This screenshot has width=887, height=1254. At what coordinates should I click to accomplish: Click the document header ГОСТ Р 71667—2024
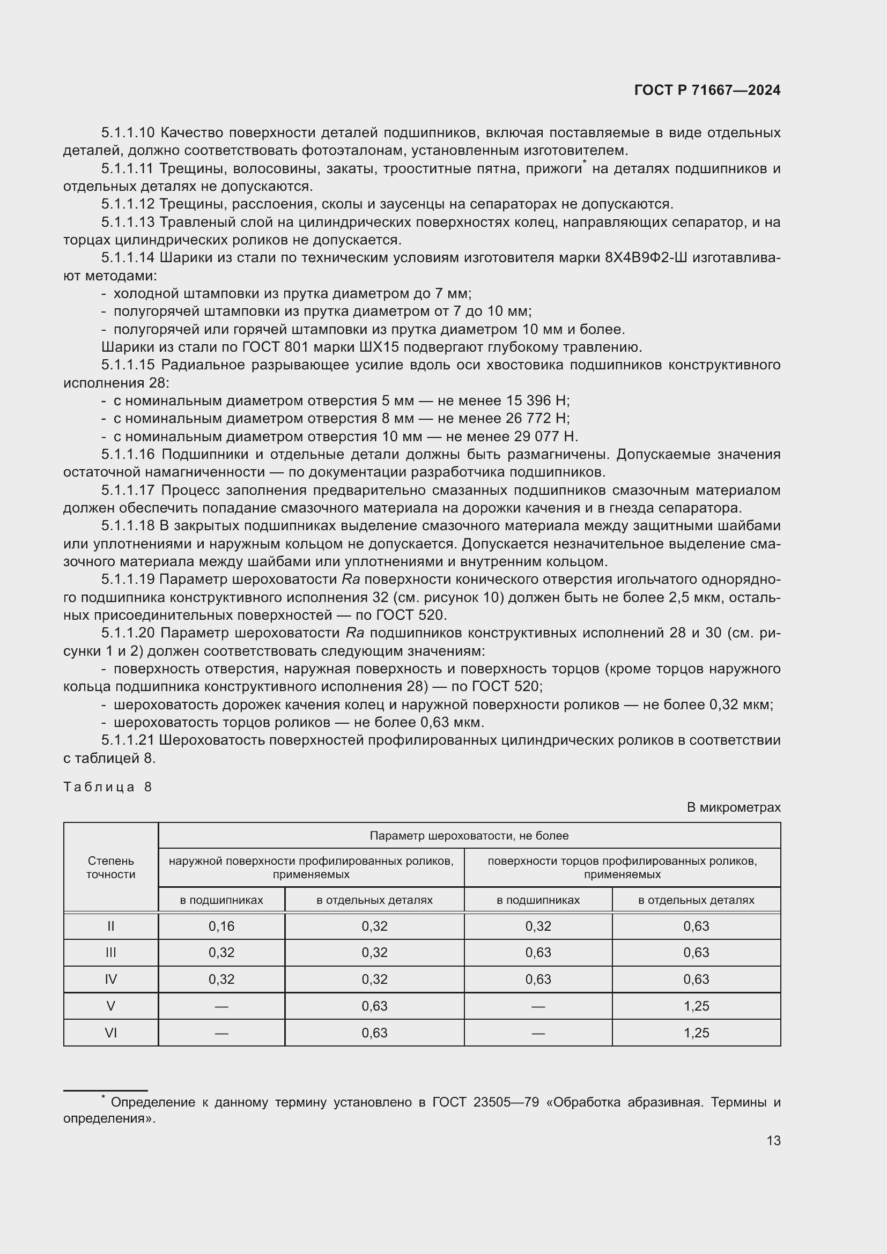[x=707, y=91]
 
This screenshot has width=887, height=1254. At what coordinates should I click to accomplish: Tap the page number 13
[x=773, y=1140]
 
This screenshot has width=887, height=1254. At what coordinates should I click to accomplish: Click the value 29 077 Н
[x=545, y=436]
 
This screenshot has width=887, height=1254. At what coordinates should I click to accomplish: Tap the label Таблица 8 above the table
[x=108, y=787]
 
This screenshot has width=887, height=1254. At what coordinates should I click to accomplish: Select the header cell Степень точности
[x=111, y=867]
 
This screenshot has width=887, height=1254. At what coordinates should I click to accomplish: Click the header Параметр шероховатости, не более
[x=469, y=836]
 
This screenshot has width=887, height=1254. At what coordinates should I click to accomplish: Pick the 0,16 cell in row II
[x=221, y=926]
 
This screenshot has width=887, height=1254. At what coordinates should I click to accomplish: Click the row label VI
[x=111, y=1033]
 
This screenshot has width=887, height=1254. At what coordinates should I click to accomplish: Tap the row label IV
[x=111, y=980]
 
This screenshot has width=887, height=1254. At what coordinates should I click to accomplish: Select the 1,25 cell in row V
[x=696, y=1006]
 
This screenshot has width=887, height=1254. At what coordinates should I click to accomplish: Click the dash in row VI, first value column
[x=221, y=1033]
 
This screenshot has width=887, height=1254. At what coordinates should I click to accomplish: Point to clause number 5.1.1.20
[x=128, y=633]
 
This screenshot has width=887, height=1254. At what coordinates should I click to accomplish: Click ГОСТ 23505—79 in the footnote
[x=481, y=1102]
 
